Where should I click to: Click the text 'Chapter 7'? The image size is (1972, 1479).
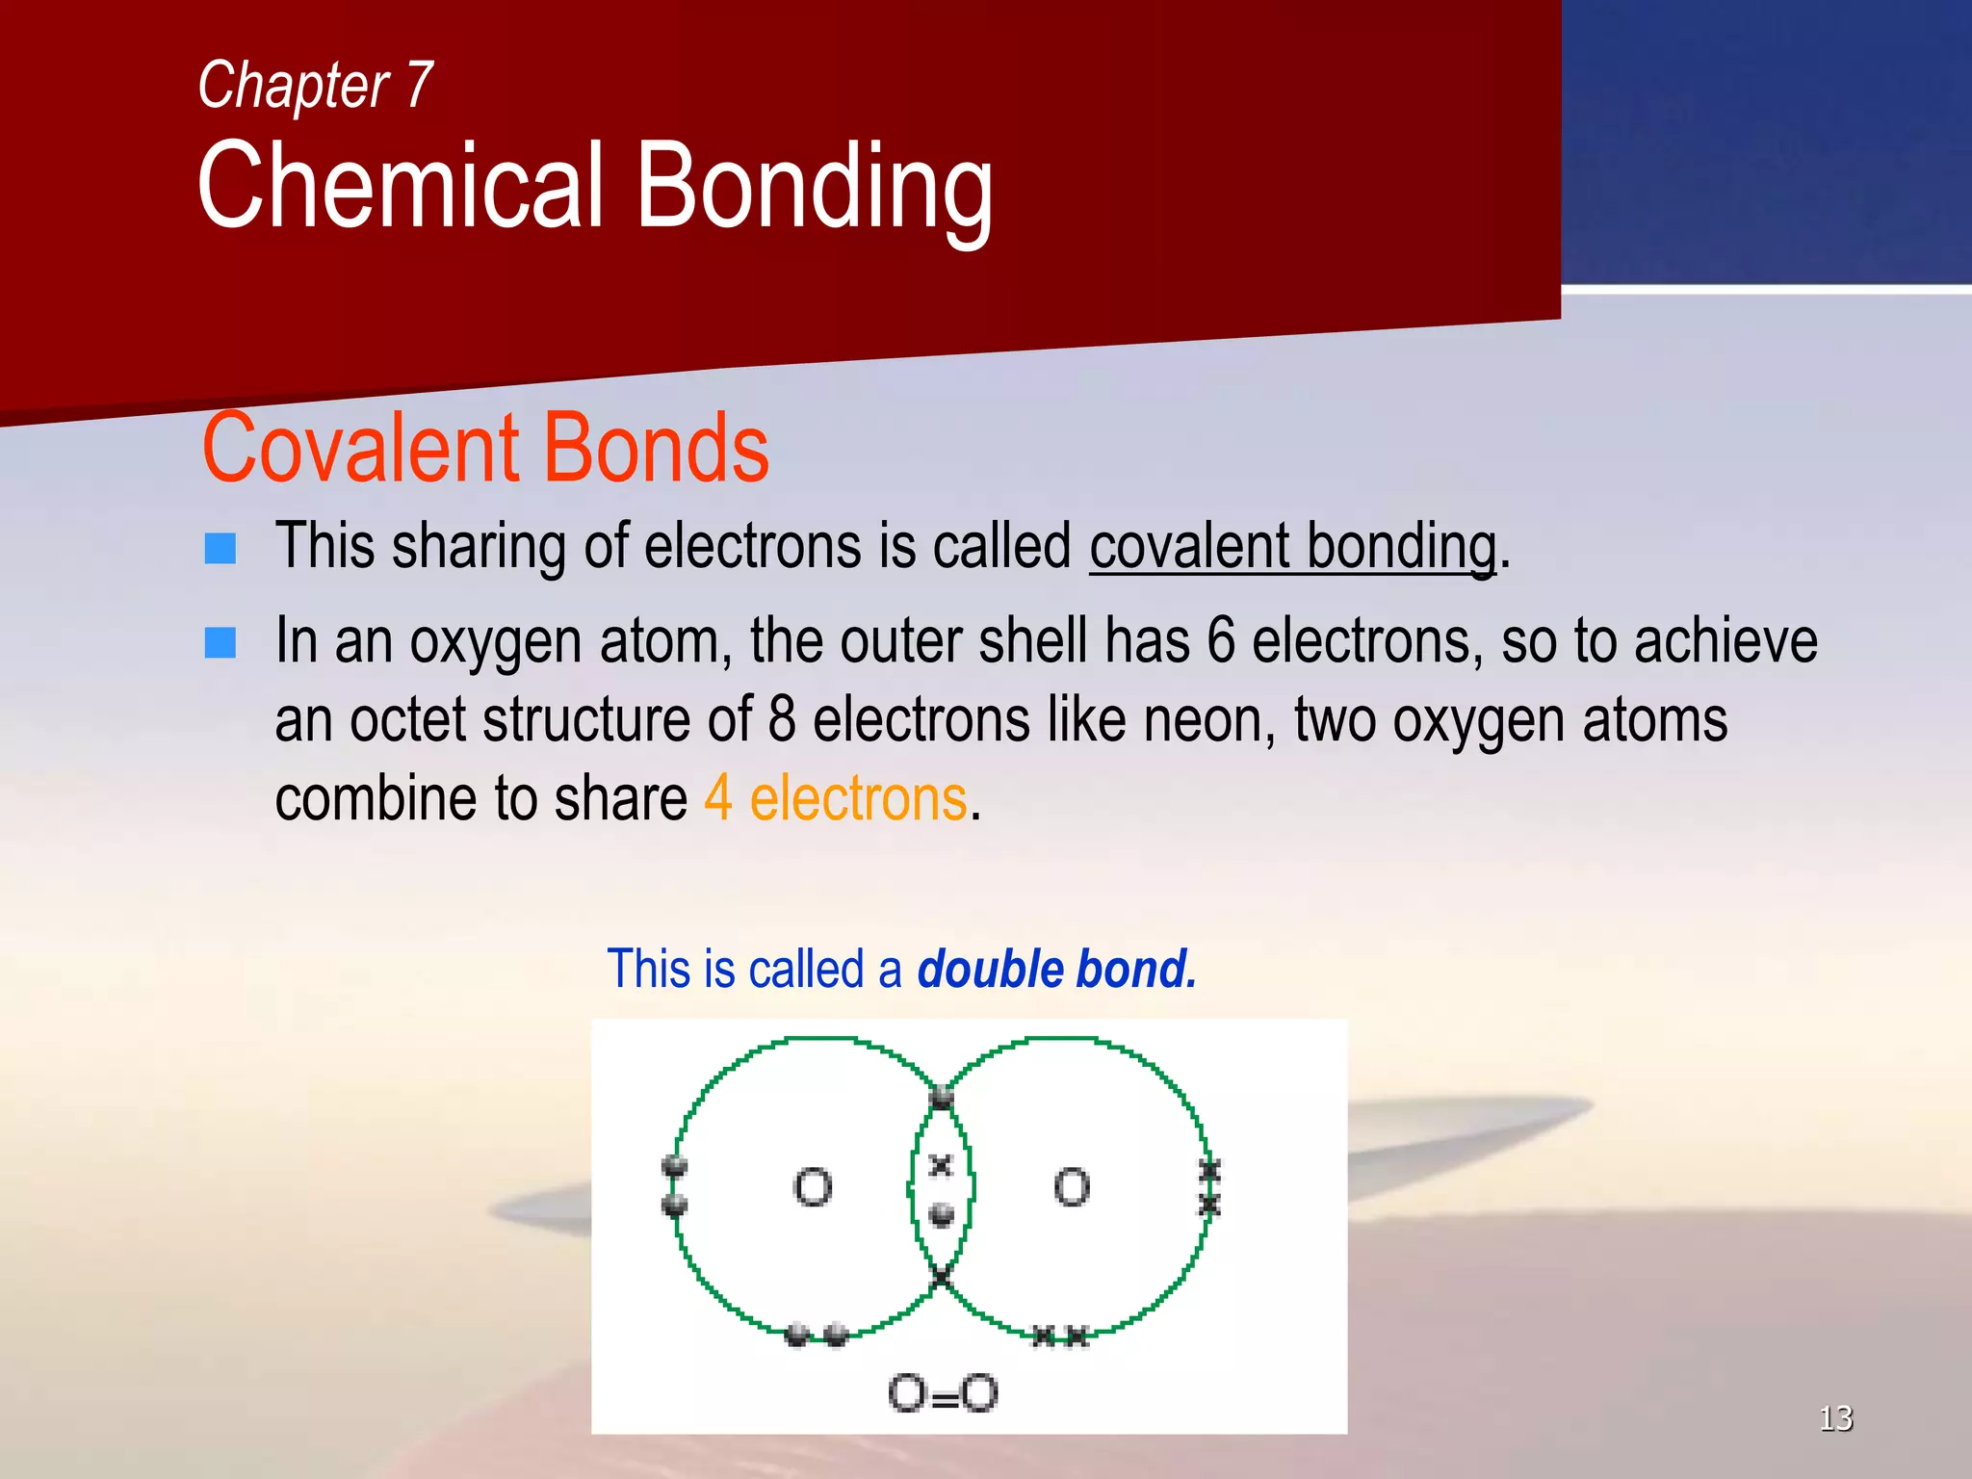point(315,85)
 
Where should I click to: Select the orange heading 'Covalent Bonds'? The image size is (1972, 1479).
point(485,448)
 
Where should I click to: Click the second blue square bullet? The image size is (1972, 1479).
point(221,642)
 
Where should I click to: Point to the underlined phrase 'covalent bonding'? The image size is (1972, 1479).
point(1292,547)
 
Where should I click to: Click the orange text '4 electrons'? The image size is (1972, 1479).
point(835,798)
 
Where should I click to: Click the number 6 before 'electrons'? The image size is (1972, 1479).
point(1220,641)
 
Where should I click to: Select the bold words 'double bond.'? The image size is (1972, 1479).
point(1056,969)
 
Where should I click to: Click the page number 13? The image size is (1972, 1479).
point(1835,1417)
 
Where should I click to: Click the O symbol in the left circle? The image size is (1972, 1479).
point(813,1187)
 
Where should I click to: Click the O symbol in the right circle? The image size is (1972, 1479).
point(1072,1187)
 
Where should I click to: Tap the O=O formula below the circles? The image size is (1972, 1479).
point(943,1393)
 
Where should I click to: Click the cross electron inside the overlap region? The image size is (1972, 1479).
point(941,1167)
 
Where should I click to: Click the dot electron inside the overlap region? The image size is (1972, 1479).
point(942,1215)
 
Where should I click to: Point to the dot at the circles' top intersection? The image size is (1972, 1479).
point(942,1098)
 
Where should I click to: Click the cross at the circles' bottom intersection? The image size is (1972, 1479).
point(941,1279)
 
